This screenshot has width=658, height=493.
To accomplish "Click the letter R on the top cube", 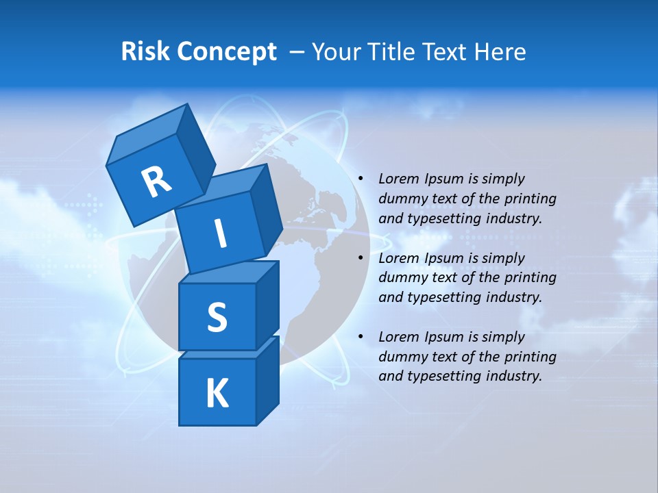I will tap(156, 182).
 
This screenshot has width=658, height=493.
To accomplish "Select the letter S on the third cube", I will tap(217, 318).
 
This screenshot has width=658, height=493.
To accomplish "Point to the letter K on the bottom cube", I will tap(217, 394).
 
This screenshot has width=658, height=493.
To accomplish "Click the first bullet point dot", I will tap(361, 179).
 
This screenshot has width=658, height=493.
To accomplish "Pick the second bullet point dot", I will tap(361, 258).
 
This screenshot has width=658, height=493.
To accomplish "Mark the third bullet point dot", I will tap(361, 337).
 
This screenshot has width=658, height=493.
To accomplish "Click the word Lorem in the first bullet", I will tap(400, 179).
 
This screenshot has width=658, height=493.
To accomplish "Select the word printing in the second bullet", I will tap(530, 278).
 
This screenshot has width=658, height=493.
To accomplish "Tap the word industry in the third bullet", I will tap(514, 376).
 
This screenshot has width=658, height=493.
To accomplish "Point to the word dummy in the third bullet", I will tap(401, 357).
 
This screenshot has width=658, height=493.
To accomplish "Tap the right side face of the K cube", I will tap(267, 380).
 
